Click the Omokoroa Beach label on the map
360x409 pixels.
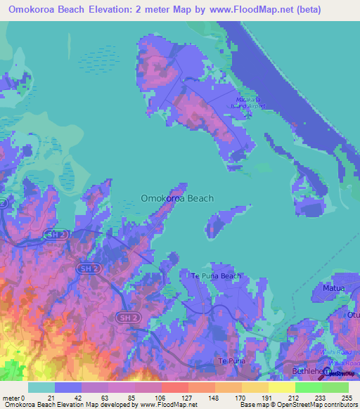click(x=177, y=198)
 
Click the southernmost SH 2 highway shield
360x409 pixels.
click(x=127, y=318)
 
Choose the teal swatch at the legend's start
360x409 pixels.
click(x=41, y=387)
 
